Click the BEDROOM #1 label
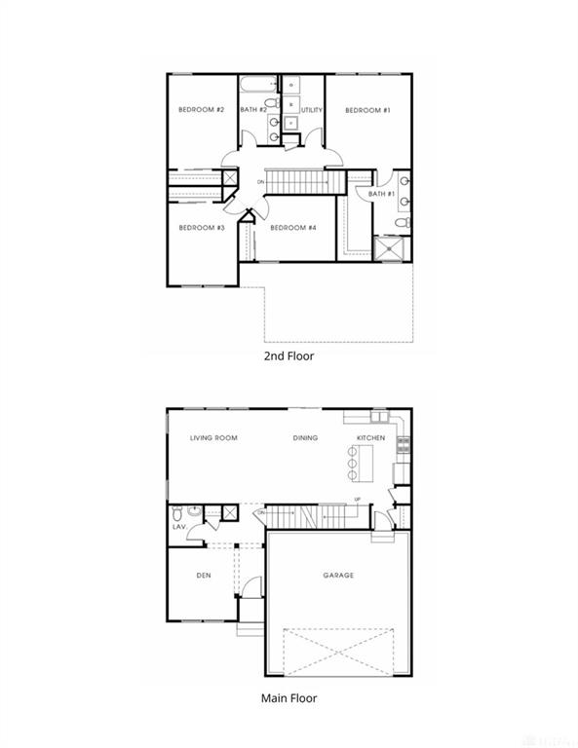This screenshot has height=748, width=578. (368, 111)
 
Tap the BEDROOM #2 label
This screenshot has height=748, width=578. (202, 110)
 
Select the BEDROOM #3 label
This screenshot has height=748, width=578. (202, 228)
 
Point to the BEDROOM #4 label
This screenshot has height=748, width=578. (293, 228)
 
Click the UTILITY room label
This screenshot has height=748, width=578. (312, 111)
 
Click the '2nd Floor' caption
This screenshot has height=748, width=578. (289, 356)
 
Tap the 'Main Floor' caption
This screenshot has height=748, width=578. (289, 697)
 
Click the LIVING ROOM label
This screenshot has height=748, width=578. (213, 438)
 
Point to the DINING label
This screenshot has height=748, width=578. (305, 438)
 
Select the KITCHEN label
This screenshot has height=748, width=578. (370, 438)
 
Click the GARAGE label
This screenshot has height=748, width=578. (338, 576)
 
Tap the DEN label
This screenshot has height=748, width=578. (204, 576)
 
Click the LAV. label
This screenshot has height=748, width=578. (179, 527)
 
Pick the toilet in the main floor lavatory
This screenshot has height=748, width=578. (177, 512)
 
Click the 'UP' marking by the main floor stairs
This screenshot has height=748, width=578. (357, 500)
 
